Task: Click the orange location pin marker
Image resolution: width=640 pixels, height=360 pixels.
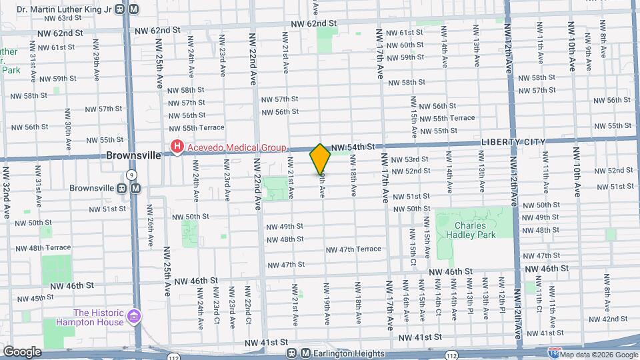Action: tap(321, 159)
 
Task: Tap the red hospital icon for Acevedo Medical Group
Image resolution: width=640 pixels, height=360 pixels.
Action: tap(177, 147)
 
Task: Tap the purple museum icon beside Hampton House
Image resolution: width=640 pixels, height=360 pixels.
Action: tap(134, 315)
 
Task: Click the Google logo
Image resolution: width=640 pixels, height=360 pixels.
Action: tap(22, 351)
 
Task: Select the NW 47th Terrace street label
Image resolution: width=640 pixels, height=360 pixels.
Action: tap(353, 249)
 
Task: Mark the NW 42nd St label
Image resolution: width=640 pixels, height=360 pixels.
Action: tap(609, 319)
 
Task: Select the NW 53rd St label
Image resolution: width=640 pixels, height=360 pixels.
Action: tap(409, 159)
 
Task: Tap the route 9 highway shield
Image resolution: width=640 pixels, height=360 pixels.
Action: tap(132, 175)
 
